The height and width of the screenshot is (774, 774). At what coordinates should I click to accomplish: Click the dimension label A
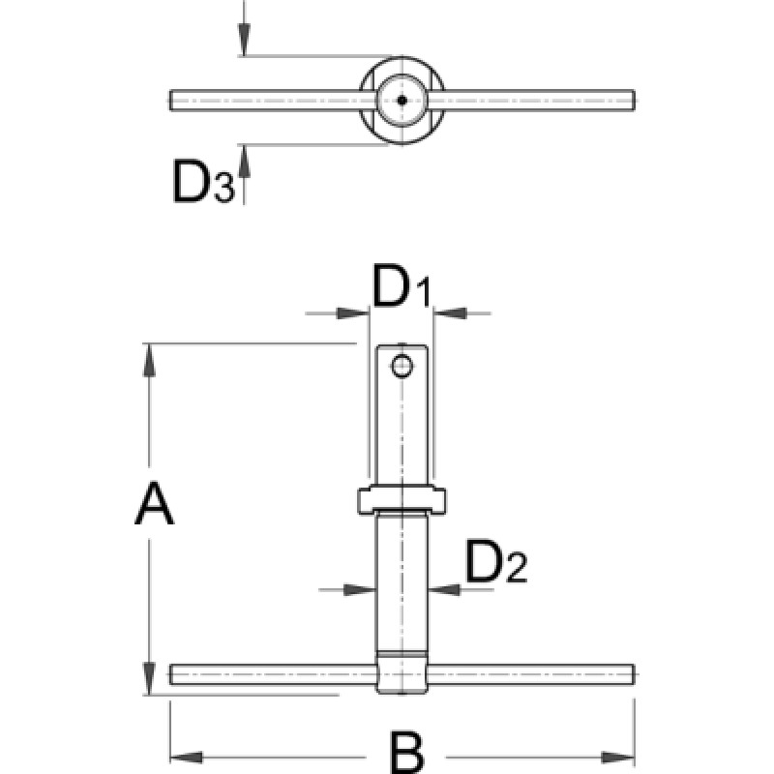(154, 505)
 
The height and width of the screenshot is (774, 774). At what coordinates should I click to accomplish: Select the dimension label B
(400, 752)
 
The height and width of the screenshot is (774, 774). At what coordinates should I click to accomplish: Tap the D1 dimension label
(402, 291)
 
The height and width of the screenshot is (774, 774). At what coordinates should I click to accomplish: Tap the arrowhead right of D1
(447, 313)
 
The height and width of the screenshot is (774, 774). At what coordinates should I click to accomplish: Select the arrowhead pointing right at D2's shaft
(363, 587)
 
